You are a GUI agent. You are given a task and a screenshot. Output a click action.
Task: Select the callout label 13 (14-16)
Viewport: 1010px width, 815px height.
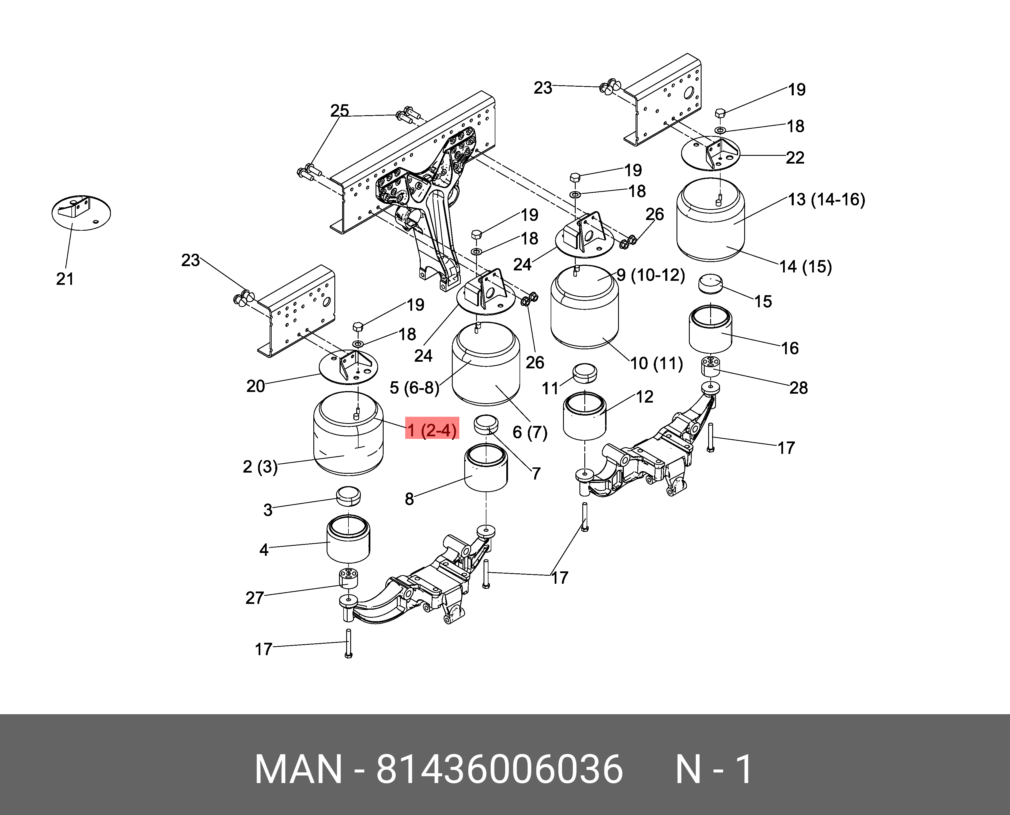[x=827, y=200]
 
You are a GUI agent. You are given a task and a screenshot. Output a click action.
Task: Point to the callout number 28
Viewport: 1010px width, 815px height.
[x=798, y=388]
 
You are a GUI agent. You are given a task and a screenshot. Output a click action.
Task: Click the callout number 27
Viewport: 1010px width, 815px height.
[x=255, y=598]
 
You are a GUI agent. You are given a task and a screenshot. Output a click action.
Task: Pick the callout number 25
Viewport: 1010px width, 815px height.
[x=340, y=111]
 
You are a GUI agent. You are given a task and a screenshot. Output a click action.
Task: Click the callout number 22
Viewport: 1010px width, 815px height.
[x=795, y=158]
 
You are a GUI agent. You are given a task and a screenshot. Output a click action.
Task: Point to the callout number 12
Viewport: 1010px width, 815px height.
[x=644, y=397]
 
